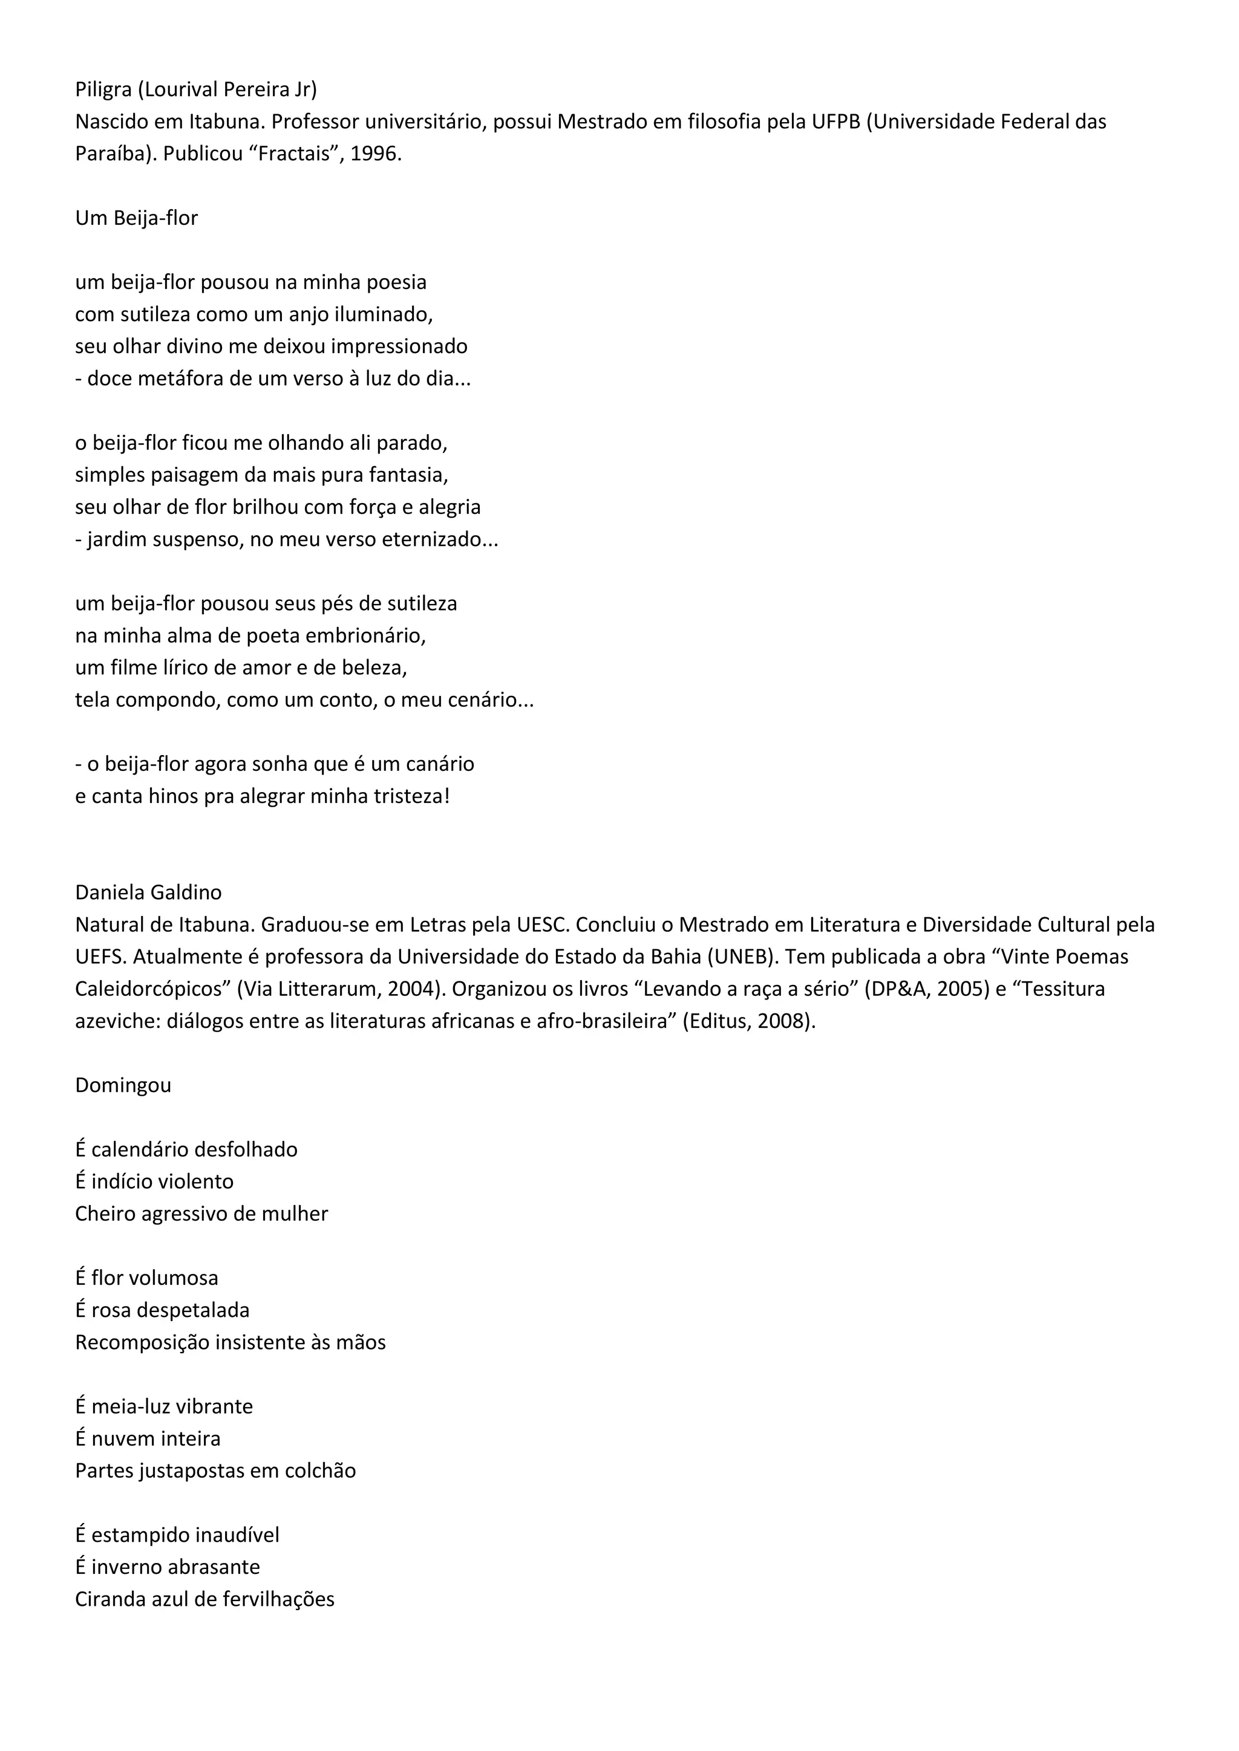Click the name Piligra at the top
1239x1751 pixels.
pos(103,90)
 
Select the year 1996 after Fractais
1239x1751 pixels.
pos(374,154)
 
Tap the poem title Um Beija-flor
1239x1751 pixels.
pos(137,218)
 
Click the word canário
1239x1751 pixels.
pos(436,764)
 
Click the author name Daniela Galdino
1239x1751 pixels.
pos(148,892)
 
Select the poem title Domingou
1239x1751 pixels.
pos(123,1085)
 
